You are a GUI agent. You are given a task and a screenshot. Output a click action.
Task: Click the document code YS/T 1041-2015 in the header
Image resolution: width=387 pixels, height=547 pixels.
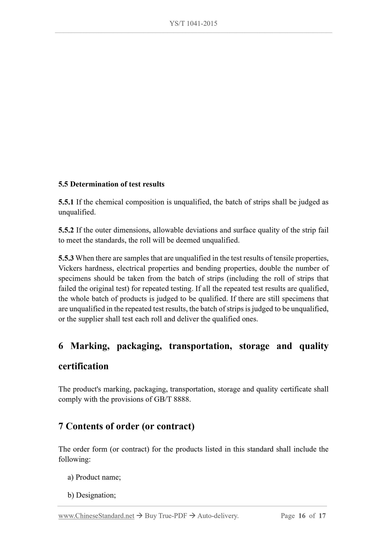[x=193, y=24]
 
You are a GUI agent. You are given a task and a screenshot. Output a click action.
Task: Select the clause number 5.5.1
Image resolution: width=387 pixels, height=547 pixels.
[x=66, y=202]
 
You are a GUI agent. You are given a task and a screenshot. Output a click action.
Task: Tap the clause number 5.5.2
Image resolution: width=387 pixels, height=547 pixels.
[x=66, y=230]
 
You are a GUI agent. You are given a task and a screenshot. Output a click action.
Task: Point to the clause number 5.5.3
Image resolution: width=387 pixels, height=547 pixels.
[x=66, y=258]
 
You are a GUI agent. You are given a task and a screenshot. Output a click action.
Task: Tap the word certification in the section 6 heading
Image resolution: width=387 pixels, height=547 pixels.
[x=83, y=366]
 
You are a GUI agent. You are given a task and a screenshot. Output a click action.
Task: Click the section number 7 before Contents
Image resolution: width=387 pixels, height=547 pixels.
[x=61, y=426]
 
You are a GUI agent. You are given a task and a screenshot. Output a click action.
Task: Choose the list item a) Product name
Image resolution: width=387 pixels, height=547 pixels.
[x=94, y=477]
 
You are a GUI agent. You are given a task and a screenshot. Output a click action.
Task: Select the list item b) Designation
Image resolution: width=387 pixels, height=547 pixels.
[x=92, y=495]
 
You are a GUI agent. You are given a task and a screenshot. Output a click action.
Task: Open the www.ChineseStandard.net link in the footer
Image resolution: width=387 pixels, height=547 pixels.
[x=96, y=516]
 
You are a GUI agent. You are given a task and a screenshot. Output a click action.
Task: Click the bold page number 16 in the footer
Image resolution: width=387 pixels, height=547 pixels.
[x=302, y=516]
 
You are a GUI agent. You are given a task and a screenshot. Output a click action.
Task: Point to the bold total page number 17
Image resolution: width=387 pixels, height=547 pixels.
[x=322, y=516]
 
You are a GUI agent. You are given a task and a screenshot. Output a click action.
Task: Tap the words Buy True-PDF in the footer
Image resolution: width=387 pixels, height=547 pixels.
[x=166, y=516]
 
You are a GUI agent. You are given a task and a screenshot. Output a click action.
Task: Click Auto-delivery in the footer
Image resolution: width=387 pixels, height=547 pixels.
[x=218, y=516]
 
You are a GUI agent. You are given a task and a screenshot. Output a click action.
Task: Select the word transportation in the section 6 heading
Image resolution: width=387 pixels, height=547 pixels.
[x=200, y=346]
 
